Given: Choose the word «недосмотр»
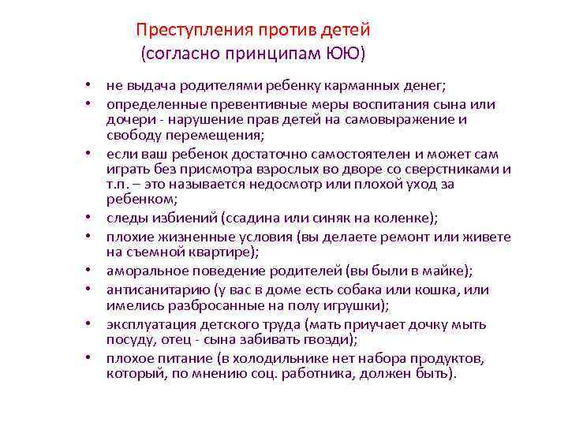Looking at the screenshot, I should click(283, 184).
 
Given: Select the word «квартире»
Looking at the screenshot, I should click(222, 252).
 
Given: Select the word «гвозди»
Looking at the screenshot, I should click(331, 340).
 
